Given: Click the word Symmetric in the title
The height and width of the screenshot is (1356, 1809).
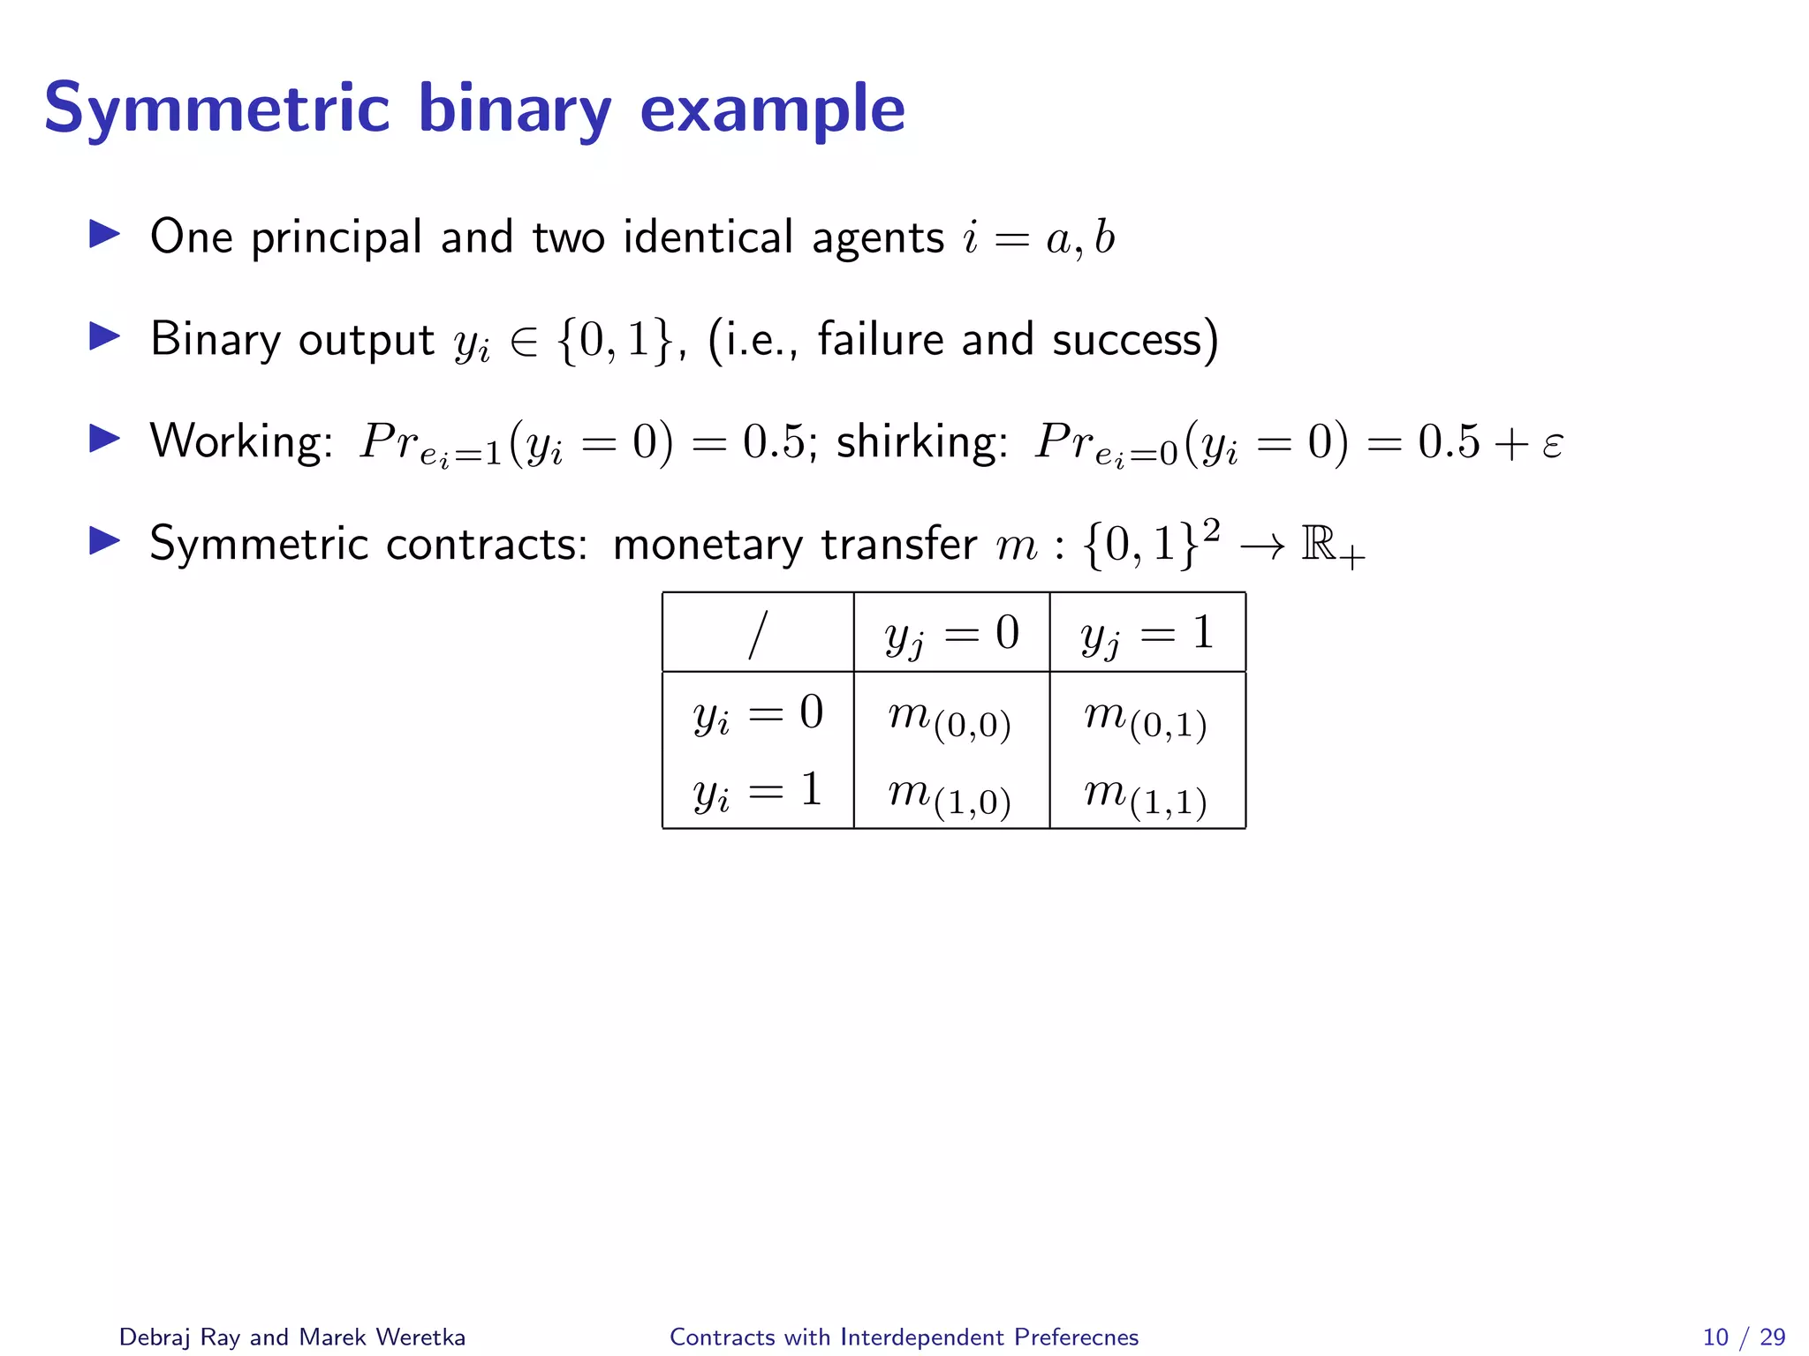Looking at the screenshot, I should (216, 109).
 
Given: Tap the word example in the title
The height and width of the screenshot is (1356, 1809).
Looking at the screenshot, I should (772, 109).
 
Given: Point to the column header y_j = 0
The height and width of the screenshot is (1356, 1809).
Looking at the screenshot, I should (952, 634).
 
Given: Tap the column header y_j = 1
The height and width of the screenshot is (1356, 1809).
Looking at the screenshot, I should (1147, 634).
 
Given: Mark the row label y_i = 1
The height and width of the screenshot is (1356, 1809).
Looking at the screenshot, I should (758, 790).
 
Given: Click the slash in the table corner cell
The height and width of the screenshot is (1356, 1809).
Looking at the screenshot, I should (757, 634).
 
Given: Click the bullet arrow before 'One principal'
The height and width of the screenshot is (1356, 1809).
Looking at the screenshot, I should (104, 235).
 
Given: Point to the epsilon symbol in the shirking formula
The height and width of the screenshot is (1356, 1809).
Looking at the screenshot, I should (1552, 443).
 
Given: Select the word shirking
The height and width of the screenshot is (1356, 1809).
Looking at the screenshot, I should (920, 441).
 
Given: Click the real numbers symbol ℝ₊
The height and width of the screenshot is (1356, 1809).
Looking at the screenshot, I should (1332, 545).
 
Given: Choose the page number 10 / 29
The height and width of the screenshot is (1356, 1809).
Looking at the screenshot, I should (1744, 1337).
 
